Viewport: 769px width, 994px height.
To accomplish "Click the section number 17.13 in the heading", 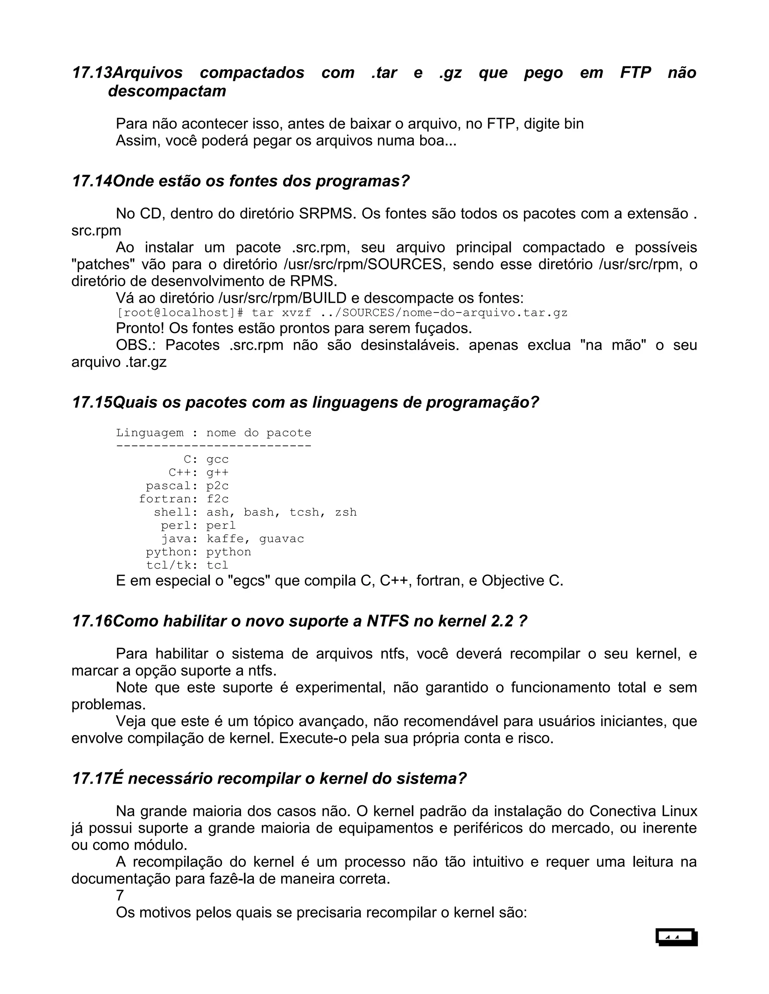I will point(92,72).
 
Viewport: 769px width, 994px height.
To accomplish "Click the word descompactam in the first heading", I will point(167,91).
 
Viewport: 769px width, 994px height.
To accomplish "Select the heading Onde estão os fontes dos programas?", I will point(241,181).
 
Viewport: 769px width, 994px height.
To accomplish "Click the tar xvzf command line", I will point(342,313).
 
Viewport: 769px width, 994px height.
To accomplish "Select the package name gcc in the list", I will point(217,459).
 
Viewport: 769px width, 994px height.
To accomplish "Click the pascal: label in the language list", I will point(171,486).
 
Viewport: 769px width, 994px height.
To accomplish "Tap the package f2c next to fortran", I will point(217,499).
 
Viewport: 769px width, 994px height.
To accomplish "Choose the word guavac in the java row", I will point(281,539).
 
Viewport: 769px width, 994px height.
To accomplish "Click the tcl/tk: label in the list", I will point(171,565).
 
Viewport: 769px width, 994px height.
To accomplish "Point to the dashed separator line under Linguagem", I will point(213,446).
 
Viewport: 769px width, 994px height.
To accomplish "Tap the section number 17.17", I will point(92,779).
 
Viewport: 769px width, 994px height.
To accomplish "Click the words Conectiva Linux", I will point(643,811).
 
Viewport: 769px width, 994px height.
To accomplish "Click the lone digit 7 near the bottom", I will point(120,896).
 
